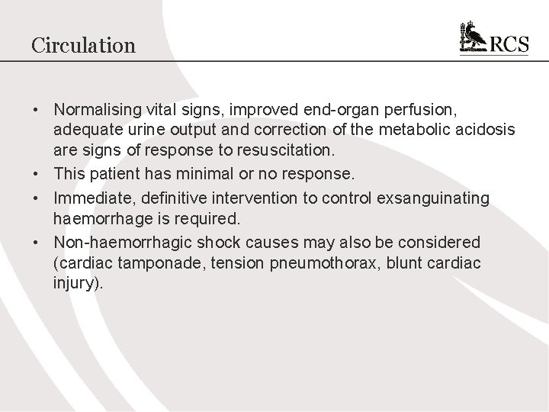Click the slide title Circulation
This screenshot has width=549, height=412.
[83, 45]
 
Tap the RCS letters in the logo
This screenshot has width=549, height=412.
[509, 44]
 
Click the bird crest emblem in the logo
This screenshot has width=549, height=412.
[473, 37]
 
